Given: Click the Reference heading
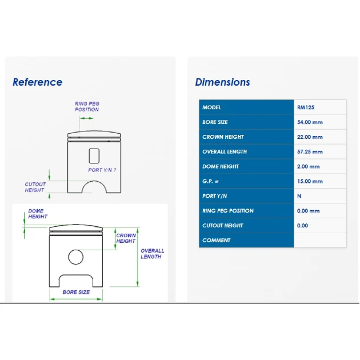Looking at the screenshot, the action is coord(37,82).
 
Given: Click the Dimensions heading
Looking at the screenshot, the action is coord(222,82).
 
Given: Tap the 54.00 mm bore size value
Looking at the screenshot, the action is coord(310,122).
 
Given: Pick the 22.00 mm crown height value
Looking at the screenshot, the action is coord(310,137).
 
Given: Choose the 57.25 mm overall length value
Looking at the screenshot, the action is coord(310,152).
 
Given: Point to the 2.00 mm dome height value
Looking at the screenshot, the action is coord(308,166).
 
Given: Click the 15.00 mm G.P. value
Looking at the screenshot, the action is coord(310,181).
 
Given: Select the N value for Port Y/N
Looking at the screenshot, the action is coord(299,196).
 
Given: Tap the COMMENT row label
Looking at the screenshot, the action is coord(216,241).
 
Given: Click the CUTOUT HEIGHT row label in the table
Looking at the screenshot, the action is coord(222,226).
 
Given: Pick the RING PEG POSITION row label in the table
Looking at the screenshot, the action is coord(228,211).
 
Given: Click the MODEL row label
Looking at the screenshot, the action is coord(211,107).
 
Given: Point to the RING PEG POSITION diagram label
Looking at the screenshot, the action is coord(87,107).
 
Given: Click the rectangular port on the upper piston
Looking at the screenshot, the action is coord(94,156).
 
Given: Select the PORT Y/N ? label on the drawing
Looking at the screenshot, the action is coord(102,170).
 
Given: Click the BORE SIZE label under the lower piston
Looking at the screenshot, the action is coord(76,292).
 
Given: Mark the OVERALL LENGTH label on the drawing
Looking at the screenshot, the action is coord(152,254).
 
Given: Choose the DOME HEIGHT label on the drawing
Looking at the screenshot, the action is coord(38,214).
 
